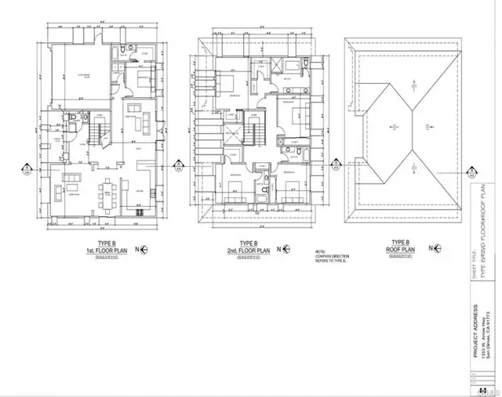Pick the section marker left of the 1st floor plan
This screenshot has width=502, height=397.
[x=27, y=168]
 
